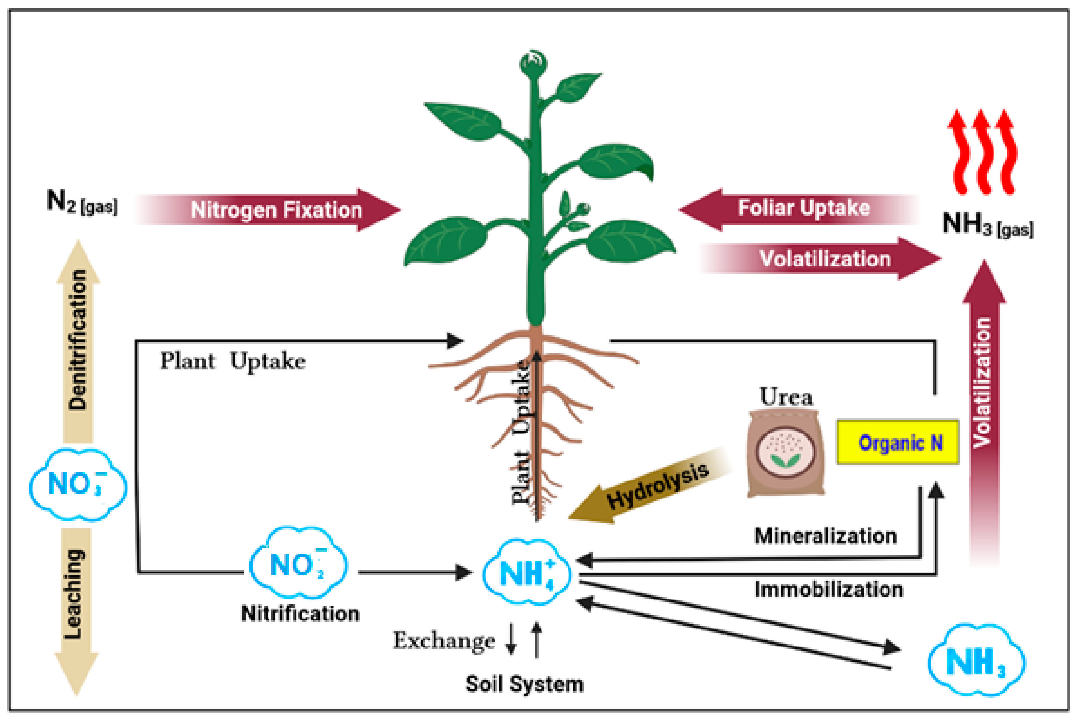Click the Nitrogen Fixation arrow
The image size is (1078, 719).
point(275,210)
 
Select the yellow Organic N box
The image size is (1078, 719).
point(898,442)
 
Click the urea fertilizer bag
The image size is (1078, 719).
point(785,454)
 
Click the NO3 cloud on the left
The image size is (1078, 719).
point(77,485)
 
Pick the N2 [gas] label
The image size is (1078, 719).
point(82,202)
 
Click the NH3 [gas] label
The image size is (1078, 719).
point(987,225)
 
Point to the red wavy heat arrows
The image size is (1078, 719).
point(982,151)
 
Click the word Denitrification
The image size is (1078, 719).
point(77,339)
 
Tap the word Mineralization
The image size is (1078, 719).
point(825,536)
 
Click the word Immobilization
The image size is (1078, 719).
point(828,589)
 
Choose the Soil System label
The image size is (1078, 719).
point(524,684)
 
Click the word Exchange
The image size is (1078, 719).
point(444,641)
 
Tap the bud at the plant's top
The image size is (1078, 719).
point(533,63)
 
